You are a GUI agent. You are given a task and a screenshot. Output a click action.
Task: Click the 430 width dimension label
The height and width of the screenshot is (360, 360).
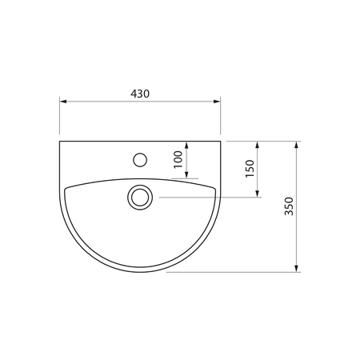click(140, 94)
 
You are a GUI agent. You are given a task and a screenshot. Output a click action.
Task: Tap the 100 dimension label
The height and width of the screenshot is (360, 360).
click(178, 159)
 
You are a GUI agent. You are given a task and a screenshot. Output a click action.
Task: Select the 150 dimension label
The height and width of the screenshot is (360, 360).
click(250, 169)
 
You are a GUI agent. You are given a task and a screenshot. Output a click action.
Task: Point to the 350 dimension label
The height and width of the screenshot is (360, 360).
click(289, 206)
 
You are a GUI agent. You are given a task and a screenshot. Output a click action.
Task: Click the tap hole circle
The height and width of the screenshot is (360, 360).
click(140, 160)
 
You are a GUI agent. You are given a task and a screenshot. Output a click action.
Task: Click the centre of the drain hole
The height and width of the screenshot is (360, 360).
click(140, 198)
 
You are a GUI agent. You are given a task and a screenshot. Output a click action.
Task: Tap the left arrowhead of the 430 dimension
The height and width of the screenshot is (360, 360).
click(63, 102)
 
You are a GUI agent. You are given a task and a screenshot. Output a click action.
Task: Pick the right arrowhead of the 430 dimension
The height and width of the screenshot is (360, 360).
click(217, 102)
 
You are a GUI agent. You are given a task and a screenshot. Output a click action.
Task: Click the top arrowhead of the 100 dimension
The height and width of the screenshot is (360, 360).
click(186, 145)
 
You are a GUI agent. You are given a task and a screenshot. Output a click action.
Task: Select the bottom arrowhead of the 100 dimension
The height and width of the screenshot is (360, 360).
click(186, 174)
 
